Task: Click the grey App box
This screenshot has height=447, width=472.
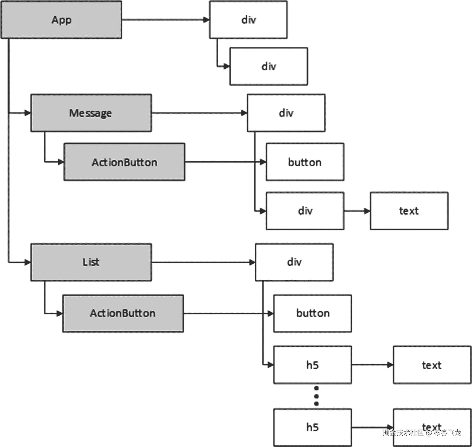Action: click(x=61, y=20)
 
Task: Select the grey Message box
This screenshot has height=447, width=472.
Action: click(x=91, y=113)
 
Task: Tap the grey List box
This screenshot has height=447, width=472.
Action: click(x=91, y=262)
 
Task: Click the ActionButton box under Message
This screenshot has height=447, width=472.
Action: click(x=124, y=162)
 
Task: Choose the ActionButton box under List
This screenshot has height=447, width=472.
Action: click(x=123, y=313)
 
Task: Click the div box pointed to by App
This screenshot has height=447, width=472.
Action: click(x=248, y=20)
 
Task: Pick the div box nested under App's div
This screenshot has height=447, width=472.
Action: click(x=269, y=66)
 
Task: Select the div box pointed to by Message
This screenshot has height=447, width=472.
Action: click(x=286, y=113)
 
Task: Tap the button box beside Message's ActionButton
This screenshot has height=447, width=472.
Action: click(x=305, y=162)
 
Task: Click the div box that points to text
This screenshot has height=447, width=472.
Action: click(x=305, y=211)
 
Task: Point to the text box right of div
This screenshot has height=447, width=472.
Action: click(x=409, y=211)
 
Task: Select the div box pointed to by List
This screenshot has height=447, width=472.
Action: click(x=294, y=262)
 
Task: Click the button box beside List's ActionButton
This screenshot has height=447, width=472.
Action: click(x=312, y=313)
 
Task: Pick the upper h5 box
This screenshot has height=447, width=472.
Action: click(x=312, y=365)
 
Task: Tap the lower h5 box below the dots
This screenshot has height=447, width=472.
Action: click(x=312, y=427)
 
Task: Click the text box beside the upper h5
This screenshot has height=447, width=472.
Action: click(x=432, y=365)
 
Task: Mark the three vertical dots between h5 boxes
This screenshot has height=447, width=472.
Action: click(x=316, y=396)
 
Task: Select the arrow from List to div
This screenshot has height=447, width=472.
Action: click(x=203, y=262)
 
